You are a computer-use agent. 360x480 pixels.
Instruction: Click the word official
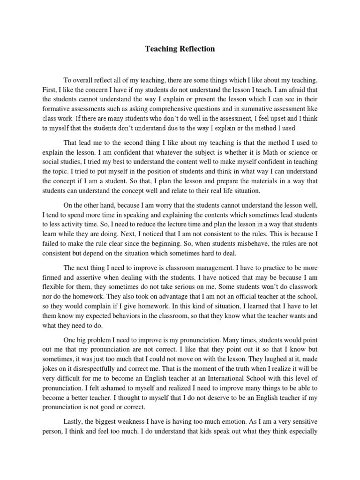(241, 303)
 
